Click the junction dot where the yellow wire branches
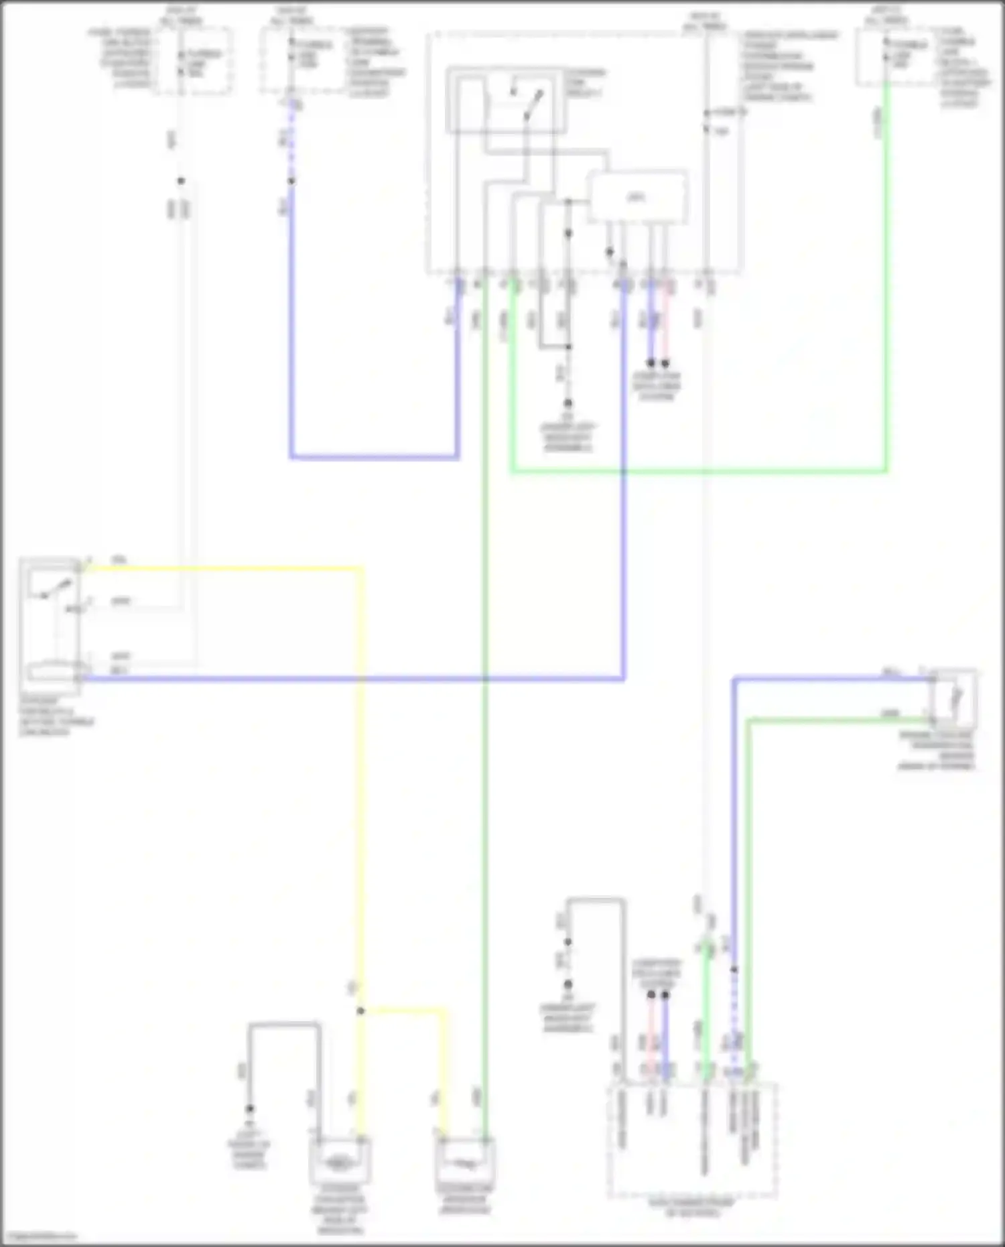coord(360,1010)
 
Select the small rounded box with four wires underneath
coord(637,197)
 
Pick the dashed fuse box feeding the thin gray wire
coord(193,60)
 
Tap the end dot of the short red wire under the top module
coord(665,363)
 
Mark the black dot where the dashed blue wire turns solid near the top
coord(291,181)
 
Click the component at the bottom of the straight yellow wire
coord(340,1162)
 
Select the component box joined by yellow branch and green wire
coord(465,1162)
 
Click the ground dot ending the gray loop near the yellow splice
coord(249,1109)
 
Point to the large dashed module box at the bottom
coord(691,1139)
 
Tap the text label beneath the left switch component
coord(56,717)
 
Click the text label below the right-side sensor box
coord(937,750)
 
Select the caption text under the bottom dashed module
coord(691,1207)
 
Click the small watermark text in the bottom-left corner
coord(39,1237)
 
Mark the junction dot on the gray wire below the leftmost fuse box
coord(180,181)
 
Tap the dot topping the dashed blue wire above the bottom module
coord(734,970)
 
